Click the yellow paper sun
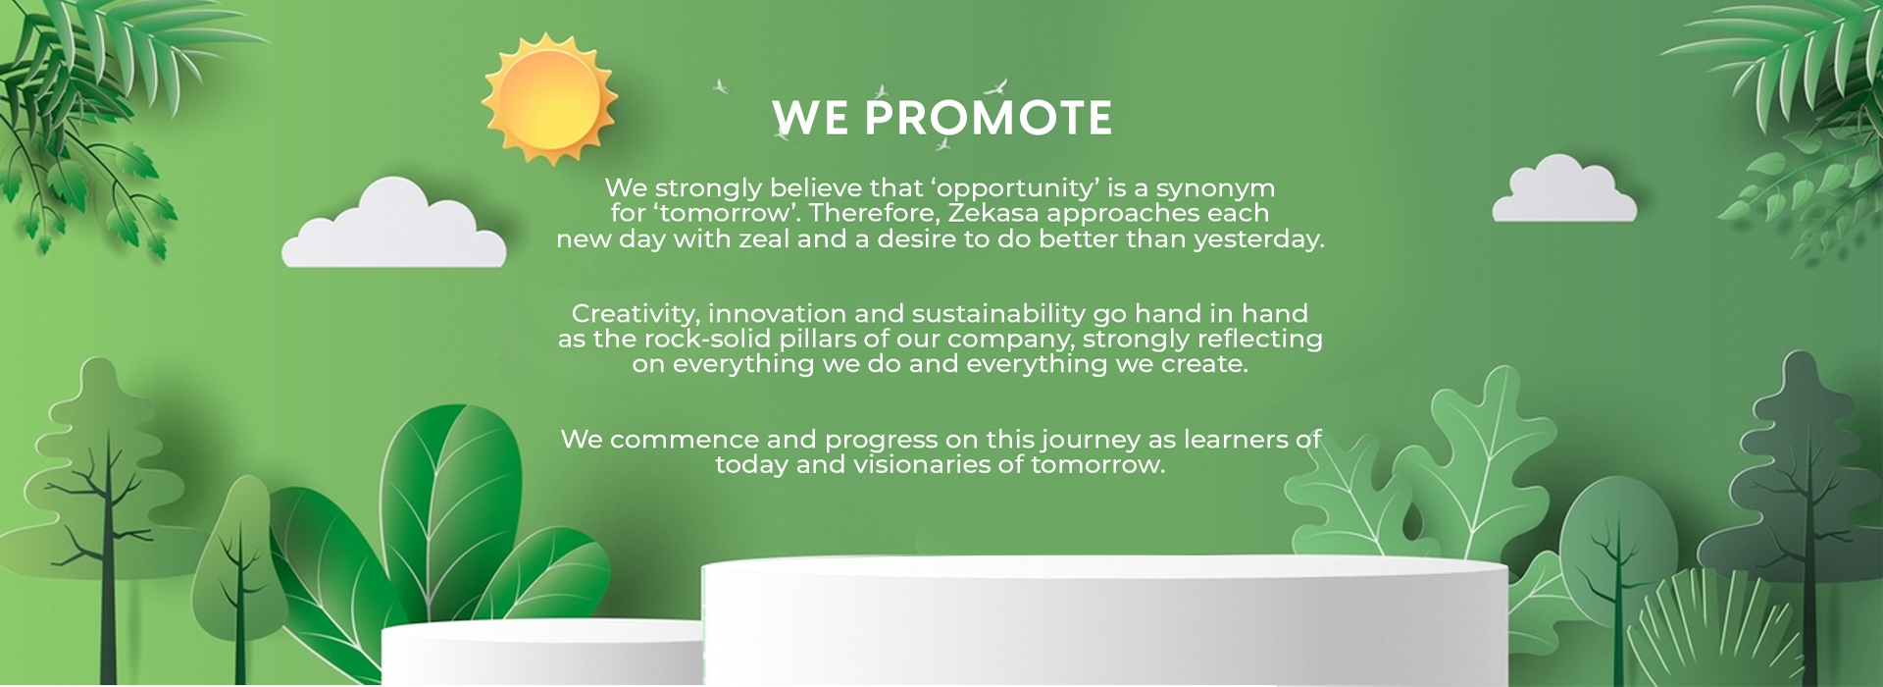tap(549, 98)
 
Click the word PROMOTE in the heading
tap(988, 119)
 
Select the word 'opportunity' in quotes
tap(1015, 188)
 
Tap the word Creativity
tap(636, 314)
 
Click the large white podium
tap(1105, 620)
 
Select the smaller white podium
tap(542, 653)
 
